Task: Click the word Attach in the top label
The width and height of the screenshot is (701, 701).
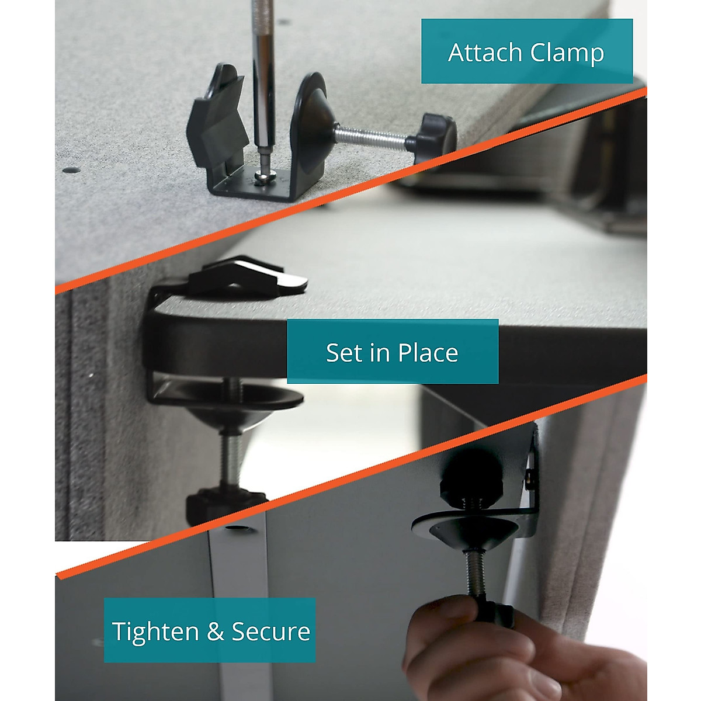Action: point(485,53)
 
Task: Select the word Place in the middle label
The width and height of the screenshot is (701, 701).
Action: point(428,353)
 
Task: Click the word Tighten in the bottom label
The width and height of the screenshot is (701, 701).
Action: point(155,631)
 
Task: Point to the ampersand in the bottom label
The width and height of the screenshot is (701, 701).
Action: point(215,632)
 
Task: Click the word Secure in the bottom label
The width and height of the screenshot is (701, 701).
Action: point(270,631)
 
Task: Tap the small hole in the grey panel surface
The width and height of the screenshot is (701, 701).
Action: point(71,170)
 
